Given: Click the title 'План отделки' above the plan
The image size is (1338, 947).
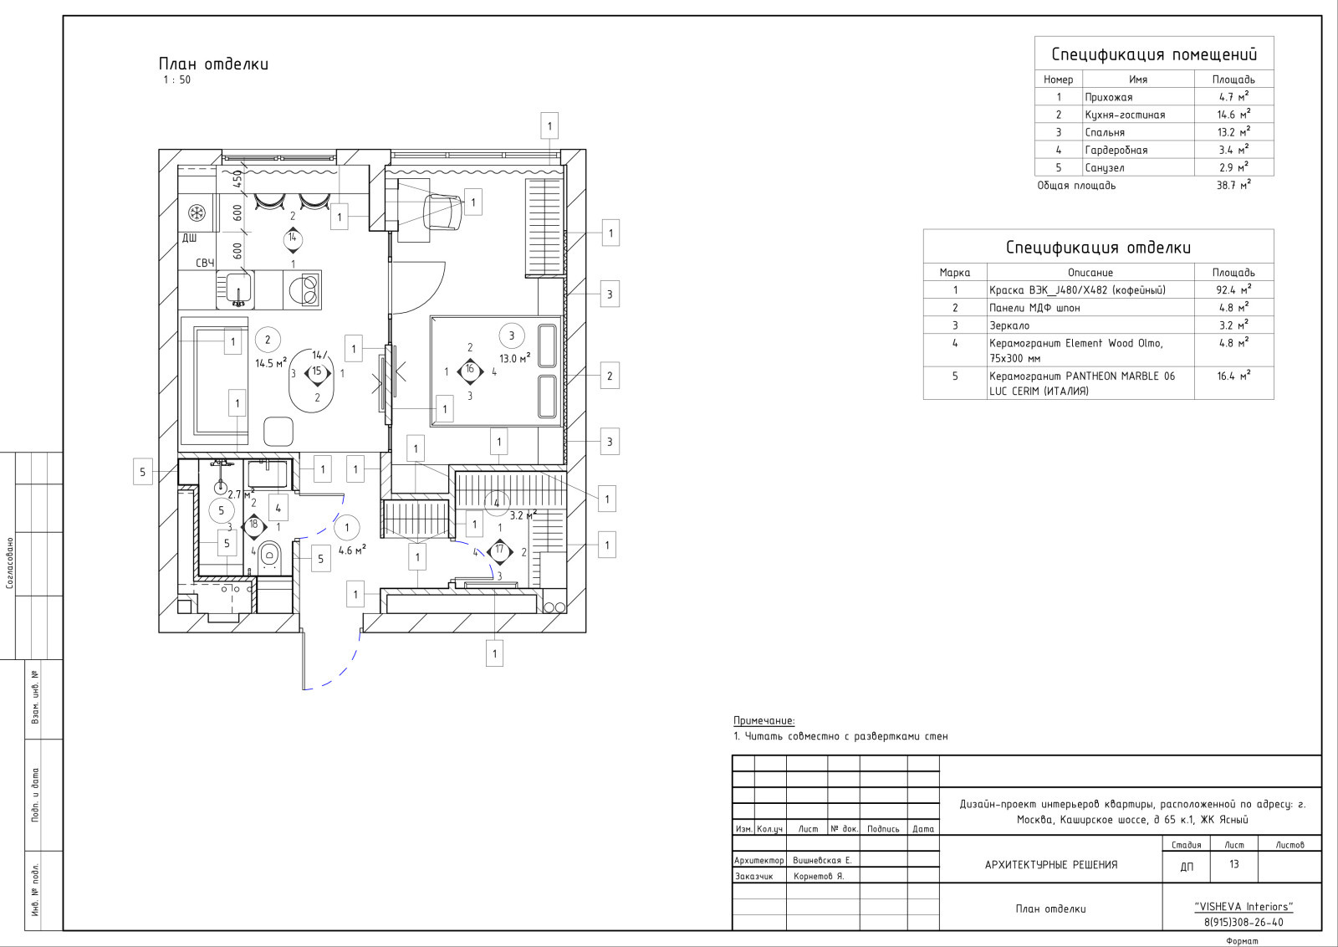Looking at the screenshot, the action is [x=213, y=64].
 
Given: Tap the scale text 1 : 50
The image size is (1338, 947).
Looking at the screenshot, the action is [x=176, y=79].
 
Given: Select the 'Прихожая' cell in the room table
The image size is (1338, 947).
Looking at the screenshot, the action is [x=1109, y=97].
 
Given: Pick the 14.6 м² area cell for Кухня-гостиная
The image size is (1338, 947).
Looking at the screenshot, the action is [x=1234, y=114].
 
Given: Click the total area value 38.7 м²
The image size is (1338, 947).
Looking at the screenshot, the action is [x=1233, y=185].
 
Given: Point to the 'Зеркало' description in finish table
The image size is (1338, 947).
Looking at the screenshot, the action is [x=1009, y=325].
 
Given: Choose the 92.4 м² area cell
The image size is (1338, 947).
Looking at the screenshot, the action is [x=1234, y=289].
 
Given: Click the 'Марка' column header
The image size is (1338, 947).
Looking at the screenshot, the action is [x=954, y=273].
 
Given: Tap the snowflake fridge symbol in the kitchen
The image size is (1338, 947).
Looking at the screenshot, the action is [x=197, y=212].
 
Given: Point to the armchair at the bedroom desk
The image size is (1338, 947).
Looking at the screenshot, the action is [x=442, y=212].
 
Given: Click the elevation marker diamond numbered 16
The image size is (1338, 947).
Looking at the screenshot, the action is [x=470, y=371].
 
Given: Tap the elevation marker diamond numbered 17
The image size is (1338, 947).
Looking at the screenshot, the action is [x=499, y=550].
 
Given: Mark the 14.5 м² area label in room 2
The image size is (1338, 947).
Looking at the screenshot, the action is [x=271, y=363].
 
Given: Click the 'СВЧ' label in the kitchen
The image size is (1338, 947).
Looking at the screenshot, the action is [x=205, y=263].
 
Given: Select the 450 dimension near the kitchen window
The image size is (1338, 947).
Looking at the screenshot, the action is [x=237, y=179].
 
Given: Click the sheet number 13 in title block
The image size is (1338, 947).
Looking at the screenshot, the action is [x=1234, y=864].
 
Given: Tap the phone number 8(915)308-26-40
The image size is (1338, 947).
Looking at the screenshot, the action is [x=1244, y=923].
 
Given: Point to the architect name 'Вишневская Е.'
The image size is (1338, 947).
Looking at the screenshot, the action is [x=823, y=860].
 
